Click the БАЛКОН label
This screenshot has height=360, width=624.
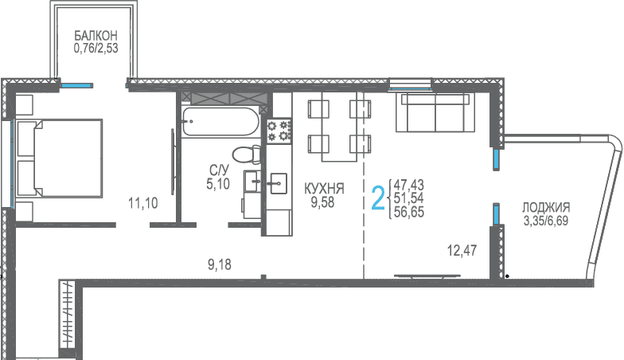(x=96, y=36)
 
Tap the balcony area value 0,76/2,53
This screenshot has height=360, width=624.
(x=96, y=49)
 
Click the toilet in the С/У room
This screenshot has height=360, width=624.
(x=246, y=155)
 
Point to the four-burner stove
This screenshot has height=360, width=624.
(x=279, y=131)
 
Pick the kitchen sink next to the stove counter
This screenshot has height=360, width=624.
(x=279, y=183)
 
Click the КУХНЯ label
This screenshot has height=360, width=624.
(x=325, y=189)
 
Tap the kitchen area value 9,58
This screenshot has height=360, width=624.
(x=323, y=202)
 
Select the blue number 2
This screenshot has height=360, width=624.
(x=379, y=198)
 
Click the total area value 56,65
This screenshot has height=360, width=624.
(x=409, y=212)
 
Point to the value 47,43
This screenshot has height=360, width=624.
(x=409, y=185)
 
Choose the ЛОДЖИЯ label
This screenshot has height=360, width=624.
(x=546, y=207)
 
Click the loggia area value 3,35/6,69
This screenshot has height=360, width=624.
(x=546, y=221)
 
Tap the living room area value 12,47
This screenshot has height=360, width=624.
(x=462, y=251)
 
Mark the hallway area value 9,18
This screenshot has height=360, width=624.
(x=220, y=264)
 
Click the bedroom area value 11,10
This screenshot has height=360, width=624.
(x=143, y=204)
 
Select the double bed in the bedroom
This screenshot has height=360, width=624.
(x=59, y=158)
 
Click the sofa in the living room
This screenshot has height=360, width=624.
(x=435, y=112)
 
